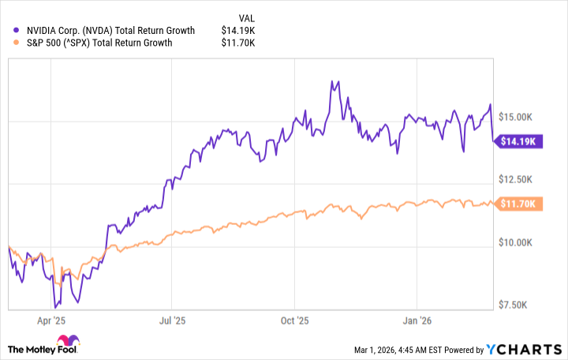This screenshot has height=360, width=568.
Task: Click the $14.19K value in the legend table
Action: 239,31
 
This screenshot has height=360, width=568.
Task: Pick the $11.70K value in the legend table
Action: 239,43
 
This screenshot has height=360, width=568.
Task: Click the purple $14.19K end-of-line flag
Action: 517,141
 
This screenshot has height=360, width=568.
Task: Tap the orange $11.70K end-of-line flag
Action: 517,204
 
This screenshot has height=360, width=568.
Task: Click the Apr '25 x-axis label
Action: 50,321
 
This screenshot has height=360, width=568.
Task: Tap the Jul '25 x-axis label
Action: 170,321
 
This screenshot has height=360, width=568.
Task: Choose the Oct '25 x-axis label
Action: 293,321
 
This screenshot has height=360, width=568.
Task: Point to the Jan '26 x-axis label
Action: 416,321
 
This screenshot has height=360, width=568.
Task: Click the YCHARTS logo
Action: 525,349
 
